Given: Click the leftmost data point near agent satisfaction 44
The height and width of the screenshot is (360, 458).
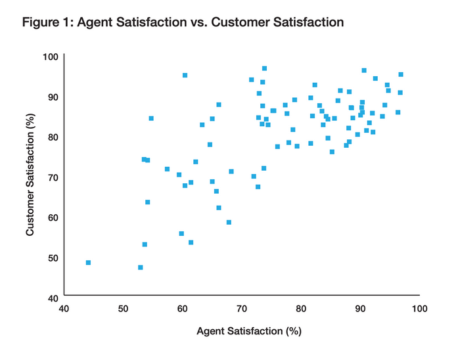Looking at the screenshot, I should coord(88,263).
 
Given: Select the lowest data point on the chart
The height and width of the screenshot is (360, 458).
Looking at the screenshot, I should coord(141,267).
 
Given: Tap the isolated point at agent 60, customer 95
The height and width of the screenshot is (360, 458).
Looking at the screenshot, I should coord(185,76).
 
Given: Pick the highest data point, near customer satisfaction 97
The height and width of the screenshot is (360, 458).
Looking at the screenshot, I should coord(264,68).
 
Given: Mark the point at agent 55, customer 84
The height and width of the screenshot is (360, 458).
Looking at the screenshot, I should coord(151,118).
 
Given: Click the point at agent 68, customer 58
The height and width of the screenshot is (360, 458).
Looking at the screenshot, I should coord(229,222).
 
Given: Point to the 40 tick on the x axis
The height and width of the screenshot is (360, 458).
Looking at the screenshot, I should coord(64,308).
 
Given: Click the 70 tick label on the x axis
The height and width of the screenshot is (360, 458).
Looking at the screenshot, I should coord(242,308).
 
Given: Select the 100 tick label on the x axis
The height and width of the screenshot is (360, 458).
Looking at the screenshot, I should coord(419,308).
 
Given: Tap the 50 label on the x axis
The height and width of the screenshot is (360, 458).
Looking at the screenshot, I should coord(123,308).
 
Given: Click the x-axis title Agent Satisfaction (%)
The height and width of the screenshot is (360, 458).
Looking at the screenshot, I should coord(248,331).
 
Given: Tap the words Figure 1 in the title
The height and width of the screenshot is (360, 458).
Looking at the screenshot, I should coord(48,23).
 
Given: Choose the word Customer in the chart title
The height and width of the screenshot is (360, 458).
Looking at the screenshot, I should coord(251,23).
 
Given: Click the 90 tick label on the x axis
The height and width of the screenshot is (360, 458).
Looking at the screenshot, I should coord(360,308).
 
